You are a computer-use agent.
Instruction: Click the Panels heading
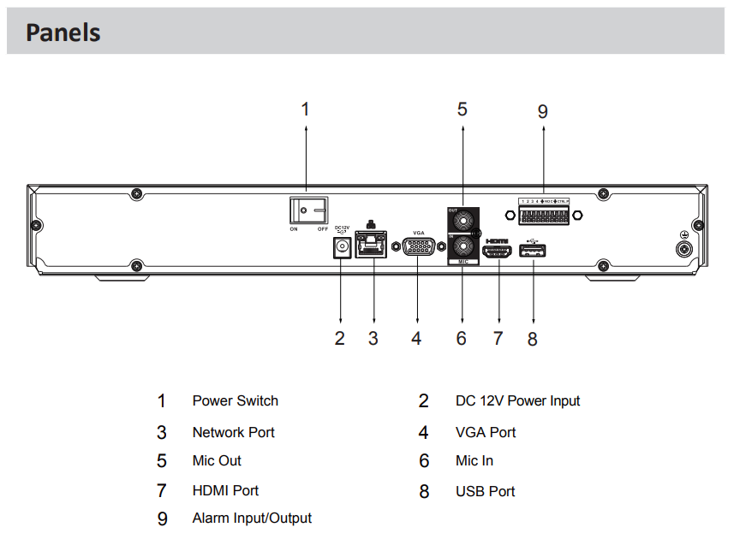pos(63,33)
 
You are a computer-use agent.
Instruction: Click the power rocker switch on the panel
pos(307,210)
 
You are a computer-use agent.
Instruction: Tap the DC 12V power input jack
pos(342,247)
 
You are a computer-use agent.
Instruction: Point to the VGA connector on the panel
pos(417,247)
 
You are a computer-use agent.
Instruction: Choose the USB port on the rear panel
pos(533,251)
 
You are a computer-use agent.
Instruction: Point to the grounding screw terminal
pos(684,249)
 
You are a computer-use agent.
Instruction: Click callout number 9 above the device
pos(542,111)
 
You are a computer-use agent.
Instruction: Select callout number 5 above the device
pos(462,109)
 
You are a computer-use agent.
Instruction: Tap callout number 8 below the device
pos(533,339)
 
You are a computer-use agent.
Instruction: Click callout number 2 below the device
pos(340,338)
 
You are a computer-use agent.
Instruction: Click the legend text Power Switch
pos(236,400)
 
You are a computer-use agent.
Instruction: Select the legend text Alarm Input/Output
pos(252,518)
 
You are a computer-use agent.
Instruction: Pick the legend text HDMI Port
pos(225,490)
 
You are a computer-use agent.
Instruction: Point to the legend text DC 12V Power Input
pos(517,400)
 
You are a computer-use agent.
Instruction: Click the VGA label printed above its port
pos(419,233)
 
